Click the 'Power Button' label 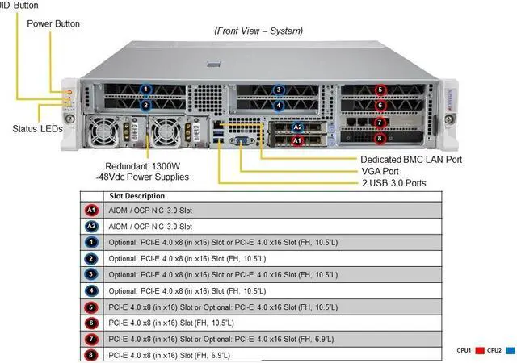pyautogui.click(x=53, y=23)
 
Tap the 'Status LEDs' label pyautogui.click(x=39, y=128)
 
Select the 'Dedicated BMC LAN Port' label pyautogui.click(x=410, y=160)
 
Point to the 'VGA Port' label pyautogui.click(x=380, y=171)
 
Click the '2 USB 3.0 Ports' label pyautogui.click(x=393, y=183)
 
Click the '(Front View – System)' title pyautogui.click(x=258, y=31)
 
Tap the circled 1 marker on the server pyautogui.click(x=146, y=90)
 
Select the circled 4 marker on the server pyautogui.click(x=279, y=105)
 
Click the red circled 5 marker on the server pyautogui.click(x=381, y=90)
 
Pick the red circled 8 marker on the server pyautogui.click(x=381, y=138)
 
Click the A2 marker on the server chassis pyautogui.click(x=297, y=127)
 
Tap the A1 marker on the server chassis pyautogui.click(x=297, y=140)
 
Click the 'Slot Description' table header pyautogui.click(x=137, y=196)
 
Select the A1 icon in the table pyautogui.click(x=91, y=211)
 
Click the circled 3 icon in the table pyautogui.click(x=91, y=274)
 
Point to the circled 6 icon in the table pyautogui.click(x=91, y=323)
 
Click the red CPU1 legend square pyautogui.click(x=479, y=351)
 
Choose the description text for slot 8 pyautogui.click(x=169, y=355)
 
